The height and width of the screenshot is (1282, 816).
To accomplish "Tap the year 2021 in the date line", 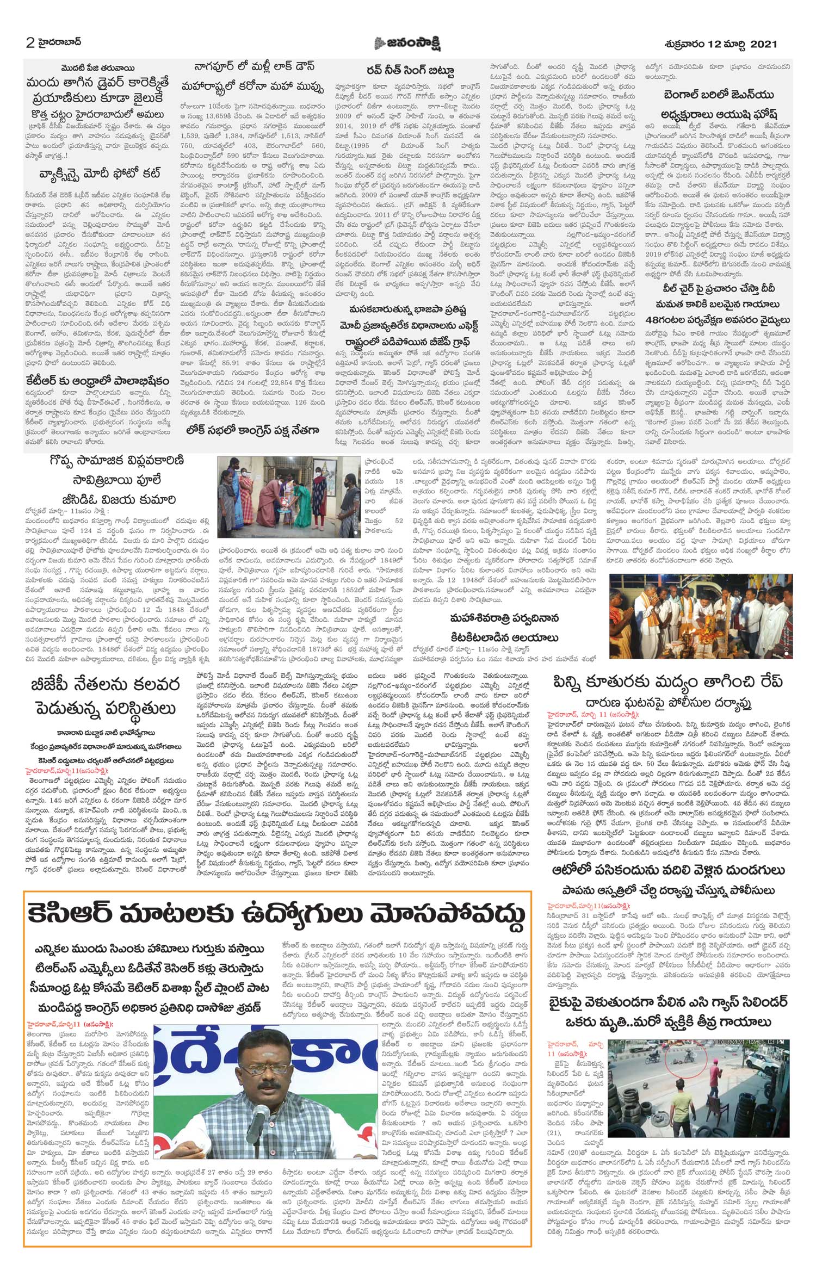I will [x=763, y=44].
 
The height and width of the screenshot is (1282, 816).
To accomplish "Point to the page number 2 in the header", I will [x=30, y=44].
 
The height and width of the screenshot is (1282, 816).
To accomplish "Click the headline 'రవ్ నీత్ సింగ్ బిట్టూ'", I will [x=411, y=70].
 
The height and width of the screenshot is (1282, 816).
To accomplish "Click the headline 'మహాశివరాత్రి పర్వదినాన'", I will [x=503, y=618].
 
